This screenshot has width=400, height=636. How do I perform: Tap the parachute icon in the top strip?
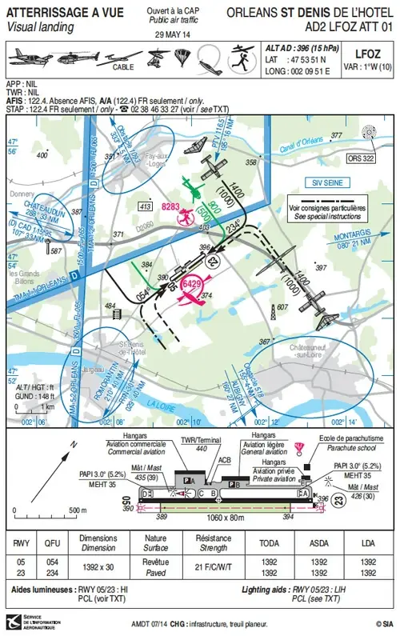(x=182, y=57)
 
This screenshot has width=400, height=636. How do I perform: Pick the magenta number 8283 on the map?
(x=170, y=206)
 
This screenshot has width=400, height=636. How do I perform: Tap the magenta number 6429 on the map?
(x=192, y=284)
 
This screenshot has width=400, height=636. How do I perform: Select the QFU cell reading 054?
(x=51, y=563)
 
